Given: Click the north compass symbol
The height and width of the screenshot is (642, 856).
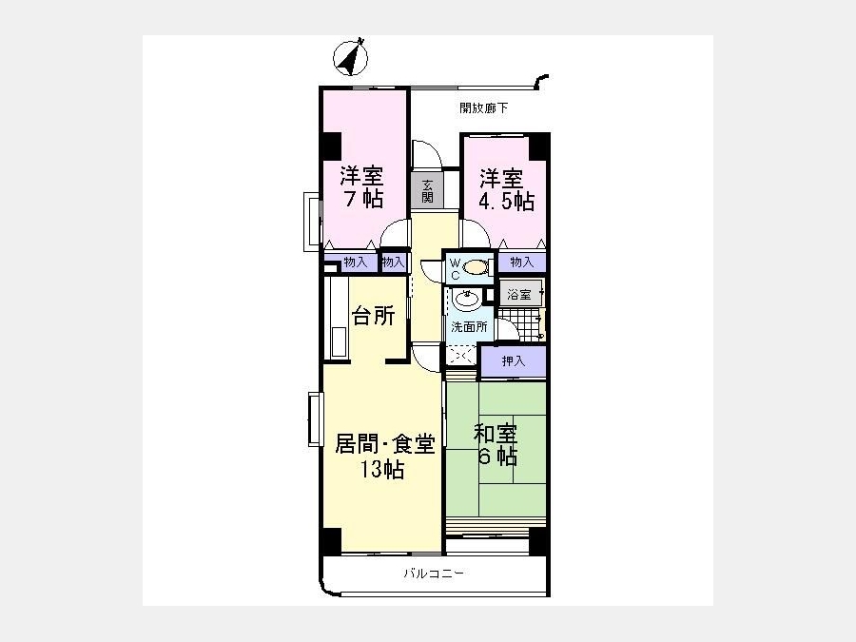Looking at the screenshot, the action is pos(350,57).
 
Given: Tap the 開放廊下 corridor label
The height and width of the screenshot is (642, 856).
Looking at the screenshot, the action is pos(483,108).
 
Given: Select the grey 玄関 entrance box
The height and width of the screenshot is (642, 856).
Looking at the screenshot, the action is pos(427,190).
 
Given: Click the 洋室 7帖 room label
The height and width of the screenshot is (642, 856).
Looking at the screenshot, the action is pos(361,186).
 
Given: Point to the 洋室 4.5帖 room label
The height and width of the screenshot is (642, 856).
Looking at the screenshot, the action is pos(506,190).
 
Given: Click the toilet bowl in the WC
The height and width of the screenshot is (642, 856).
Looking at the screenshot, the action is pos(475,267).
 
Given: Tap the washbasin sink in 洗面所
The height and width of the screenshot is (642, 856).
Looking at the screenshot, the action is pos(467,300).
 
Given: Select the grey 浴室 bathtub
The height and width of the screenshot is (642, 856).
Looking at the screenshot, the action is pos(521,294).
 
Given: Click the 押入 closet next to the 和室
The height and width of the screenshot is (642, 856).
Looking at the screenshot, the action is pos(514,360).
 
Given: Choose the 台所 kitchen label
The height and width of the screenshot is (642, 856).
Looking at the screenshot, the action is pos(374,316).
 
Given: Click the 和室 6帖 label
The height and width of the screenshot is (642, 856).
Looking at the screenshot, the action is pos(496,445).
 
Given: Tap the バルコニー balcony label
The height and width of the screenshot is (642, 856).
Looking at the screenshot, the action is pos(434,574).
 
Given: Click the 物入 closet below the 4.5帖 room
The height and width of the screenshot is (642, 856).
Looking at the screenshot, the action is pos(521,263).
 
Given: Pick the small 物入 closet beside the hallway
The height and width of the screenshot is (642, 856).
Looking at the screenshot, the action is pos(394,263).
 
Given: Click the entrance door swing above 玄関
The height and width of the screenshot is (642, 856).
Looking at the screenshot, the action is pos(426,154).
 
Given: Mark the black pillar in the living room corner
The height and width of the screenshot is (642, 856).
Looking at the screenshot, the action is pos(331,540).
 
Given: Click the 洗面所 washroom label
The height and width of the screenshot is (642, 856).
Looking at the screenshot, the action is pos(469,327).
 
